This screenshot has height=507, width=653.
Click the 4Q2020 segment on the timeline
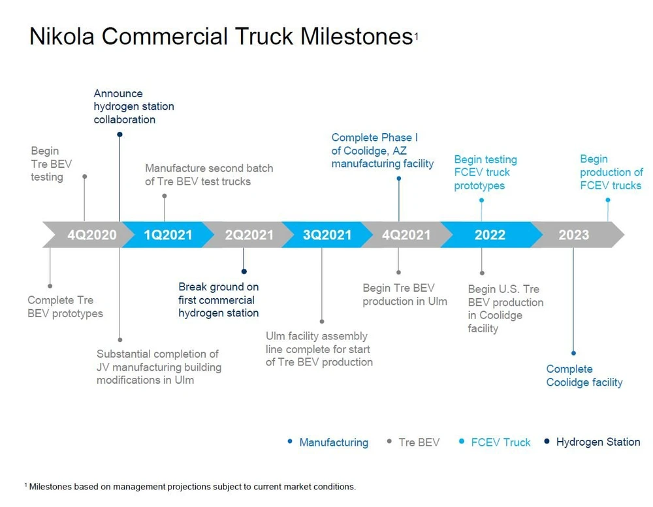[91, 235]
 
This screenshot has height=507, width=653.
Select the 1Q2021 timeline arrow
[168, 235]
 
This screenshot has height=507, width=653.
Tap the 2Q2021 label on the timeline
[249, 235]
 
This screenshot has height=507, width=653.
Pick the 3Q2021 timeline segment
[327, 235]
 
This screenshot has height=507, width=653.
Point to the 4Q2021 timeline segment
[406, 235]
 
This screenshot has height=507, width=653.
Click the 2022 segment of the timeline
[490, 235]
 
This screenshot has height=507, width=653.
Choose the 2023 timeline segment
[573, 235]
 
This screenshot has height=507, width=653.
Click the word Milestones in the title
[355, 37]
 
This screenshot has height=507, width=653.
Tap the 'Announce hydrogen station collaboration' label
[134, 106]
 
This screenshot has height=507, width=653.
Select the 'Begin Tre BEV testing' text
[47, 164]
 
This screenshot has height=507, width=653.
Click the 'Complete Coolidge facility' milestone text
[584, 376]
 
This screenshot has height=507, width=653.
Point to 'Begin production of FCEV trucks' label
[611, 172]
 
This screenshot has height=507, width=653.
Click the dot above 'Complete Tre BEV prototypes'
[50, 286]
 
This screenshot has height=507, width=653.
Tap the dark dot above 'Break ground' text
[244, 271]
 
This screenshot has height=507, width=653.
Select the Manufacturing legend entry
[333, 442]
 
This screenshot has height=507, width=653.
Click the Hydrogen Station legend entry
[597, 442]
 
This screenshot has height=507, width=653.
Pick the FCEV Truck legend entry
[500, 442]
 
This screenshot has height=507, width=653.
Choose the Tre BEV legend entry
[419, 442]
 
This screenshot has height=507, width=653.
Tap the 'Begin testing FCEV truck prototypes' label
[485, 172]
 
